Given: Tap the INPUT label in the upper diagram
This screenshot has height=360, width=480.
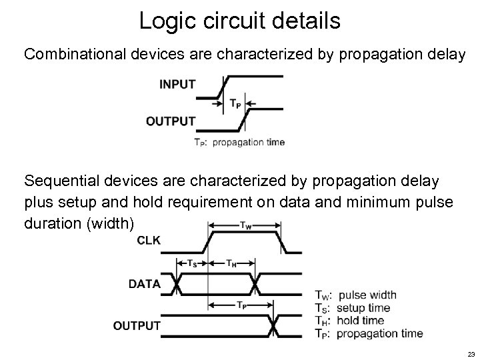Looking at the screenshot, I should point(177,85).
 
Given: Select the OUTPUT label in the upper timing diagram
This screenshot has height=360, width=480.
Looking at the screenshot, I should point(171,121).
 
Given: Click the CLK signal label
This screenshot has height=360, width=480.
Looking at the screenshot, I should point(148,241).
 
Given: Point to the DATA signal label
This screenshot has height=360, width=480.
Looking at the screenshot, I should point(145,283).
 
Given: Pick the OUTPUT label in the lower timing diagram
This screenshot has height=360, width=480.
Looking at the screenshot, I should point(137,325).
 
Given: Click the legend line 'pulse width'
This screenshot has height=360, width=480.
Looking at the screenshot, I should point(367,295).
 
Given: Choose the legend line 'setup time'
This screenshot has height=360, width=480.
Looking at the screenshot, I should point(363,307).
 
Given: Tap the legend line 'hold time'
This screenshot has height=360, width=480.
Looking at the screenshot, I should point(360,320).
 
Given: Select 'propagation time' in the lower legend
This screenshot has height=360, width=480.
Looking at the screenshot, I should point(379,333).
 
